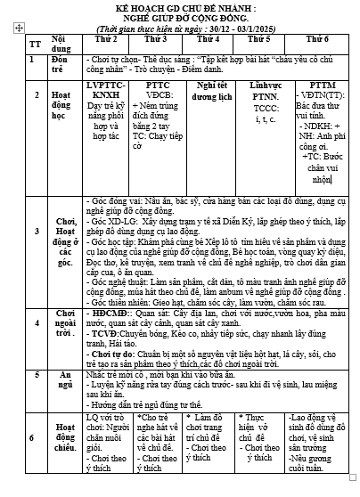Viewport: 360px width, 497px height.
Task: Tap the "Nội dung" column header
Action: tap(64, 43)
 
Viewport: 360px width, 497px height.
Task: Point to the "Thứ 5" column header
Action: tap(259, 39)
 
